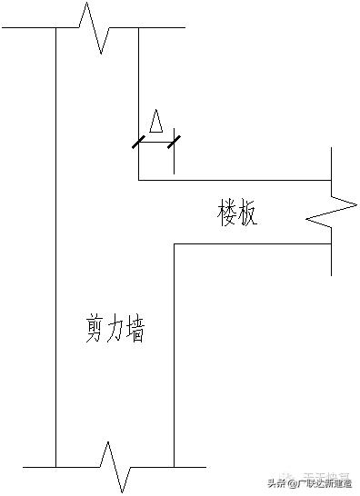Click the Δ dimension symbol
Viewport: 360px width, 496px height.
point(155,121)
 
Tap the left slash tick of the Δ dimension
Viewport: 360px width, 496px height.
point(138,141)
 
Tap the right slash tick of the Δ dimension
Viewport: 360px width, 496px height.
point(173,141)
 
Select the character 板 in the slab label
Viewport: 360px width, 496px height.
point(249,213)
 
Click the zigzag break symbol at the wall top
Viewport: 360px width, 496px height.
point(96,26)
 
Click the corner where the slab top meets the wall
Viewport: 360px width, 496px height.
point(138,180)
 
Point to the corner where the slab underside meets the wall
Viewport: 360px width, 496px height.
point(174,243)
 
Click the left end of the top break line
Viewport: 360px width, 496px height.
point(3,27)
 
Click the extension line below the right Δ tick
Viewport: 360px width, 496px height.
point(173,160)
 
